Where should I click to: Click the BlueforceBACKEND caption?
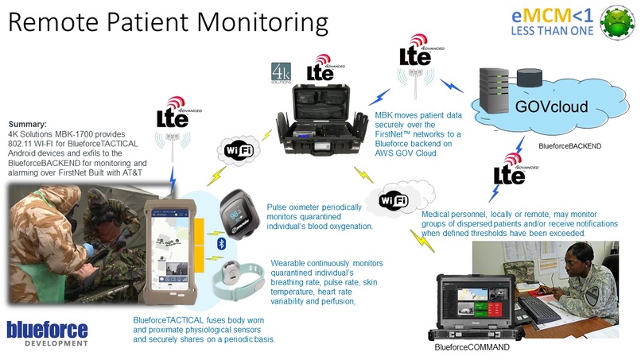(x=569, y=146)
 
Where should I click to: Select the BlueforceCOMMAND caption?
(x=471, y=347)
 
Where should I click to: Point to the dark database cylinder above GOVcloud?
(x=527, y=78)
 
